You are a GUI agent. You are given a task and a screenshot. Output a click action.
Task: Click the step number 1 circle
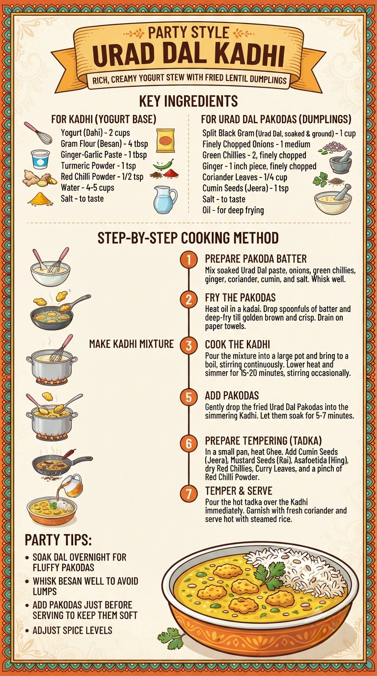(189, 260)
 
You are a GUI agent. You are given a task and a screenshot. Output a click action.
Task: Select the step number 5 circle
(189, 397)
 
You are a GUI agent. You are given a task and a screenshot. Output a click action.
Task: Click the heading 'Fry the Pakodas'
(240, 298)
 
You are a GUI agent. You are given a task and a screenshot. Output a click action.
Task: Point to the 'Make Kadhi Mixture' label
(131, 344)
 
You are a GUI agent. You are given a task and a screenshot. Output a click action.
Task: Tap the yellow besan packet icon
(165, 141)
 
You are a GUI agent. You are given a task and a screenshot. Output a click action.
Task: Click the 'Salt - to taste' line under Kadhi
(82, 198)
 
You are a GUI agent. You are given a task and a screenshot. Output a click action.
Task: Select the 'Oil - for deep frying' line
(233, 210)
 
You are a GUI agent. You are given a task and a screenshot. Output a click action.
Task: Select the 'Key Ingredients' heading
(188, 101)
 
